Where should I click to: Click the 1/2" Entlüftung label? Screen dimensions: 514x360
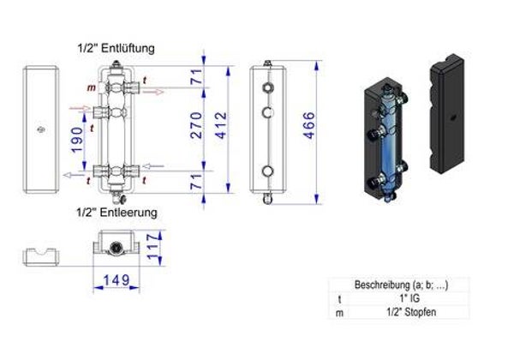tap(116, 48)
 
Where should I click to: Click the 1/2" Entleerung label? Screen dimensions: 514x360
tap(117, 213)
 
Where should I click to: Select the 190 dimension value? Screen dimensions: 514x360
tap(77, 140)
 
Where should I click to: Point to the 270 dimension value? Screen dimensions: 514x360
tap(196, 125)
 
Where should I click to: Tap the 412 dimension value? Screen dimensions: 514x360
tap(222, 125)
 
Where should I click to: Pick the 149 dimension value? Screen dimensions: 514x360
tap(117, 280)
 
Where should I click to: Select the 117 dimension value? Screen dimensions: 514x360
tap(153, 247)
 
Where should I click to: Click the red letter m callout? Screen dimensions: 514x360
tap(92, 88)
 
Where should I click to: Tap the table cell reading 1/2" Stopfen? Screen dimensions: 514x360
tap(411, 312)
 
